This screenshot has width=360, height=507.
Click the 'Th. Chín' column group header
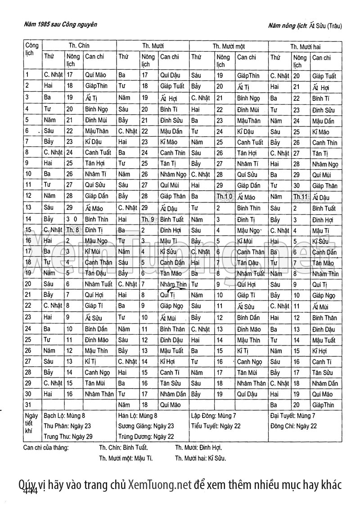pyautogui.click(x=79, y=46)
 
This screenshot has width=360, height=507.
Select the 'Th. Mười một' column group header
pyautogui.click(x=228, y=46)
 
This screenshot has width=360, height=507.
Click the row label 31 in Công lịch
pyautogui.click(x=28, y=405)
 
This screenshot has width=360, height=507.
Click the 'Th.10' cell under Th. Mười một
pyautogui.click(x=224, y=197)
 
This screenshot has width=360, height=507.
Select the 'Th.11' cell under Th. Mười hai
pyautogui.click(x=300, y=197)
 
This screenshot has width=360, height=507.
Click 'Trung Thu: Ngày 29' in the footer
pyautogui.click(x=68, y=436)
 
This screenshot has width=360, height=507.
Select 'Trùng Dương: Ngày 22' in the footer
pyautogui.click(x=146, y=436)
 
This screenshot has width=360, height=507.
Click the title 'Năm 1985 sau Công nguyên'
pyautogui.click(x=60, y=25)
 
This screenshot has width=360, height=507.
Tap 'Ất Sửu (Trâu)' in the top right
pyautogui.click(x=325, y=26)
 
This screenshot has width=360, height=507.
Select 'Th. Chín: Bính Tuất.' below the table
pyautogui.click(x=123, y=448)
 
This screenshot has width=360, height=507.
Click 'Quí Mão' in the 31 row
pyautogui.click(x=170, y=405)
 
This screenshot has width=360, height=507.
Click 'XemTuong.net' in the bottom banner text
pyautogui.click(x=160, y=485)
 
